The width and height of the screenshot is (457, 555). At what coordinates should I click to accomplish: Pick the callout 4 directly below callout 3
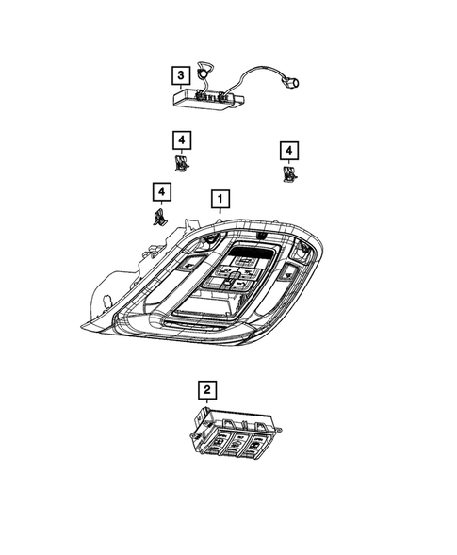click(181, 141)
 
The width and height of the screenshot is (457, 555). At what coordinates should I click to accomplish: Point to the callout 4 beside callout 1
click(163, 194)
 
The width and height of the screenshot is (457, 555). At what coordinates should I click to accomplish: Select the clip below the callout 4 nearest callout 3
click(182, 163)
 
